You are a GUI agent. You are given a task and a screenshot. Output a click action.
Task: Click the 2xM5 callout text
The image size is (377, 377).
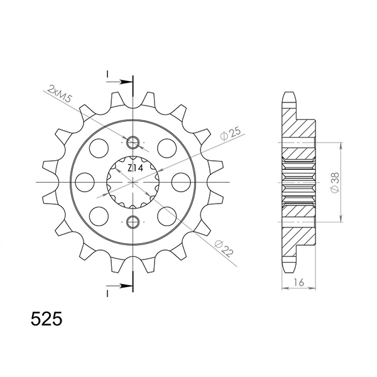pyautogui.click(x=60, y=94)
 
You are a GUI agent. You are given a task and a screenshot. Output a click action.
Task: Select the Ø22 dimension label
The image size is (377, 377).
pyautogui.click(x=224, y=249)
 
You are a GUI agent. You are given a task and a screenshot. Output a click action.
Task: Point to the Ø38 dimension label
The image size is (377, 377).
pyautogui.click(x=335, y=182)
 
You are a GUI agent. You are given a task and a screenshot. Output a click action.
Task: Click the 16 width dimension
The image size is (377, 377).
pyautogui.click(x=298, y=282)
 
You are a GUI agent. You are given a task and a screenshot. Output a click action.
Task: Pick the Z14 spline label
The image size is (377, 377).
pyautogui.click(x=135, y=168)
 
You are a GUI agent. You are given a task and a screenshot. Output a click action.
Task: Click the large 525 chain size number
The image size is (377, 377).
pyautogui.click(x=46, y=319)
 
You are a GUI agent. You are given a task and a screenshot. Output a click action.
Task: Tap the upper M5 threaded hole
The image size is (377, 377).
pyautogui.click(x=133, y=143)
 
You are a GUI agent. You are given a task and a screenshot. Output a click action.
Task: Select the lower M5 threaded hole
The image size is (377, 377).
pyautogui.click(x=133, y=222)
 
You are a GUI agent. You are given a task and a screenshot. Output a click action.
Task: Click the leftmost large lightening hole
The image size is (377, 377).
pyautogui.click(x=84, y=182)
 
